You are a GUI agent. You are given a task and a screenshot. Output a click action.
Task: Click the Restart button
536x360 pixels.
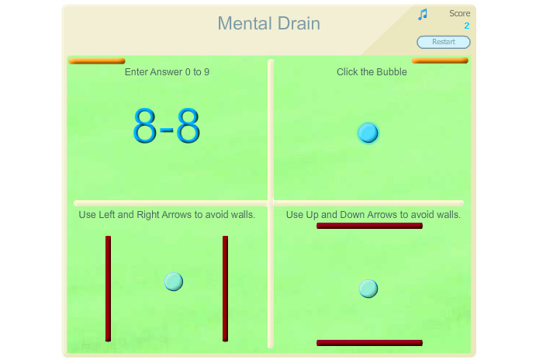pos(444,42)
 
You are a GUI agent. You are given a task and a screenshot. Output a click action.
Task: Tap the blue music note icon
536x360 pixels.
pos(423,15)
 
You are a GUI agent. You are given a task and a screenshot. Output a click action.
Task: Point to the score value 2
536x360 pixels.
pos(467,26)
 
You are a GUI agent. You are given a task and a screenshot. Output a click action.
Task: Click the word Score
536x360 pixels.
pos(459,13)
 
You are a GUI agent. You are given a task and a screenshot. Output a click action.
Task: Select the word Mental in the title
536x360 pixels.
pos(245,23)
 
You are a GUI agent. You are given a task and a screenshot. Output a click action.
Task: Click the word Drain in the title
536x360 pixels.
pos(299,23)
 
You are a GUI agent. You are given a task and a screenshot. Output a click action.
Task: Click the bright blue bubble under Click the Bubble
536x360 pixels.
pos(368,133)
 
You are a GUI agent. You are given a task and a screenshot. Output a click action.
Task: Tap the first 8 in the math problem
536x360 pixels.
pos(144,125)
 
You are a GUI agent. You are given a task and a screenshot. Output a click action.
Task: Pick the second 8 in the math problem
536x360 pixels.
pos(188,125)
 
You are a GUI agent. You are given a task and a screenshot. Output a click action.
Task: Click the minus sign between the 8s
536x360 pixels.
pos(167,130)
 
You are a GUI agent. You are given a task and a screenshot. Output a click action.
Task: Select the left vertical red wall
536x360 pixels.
pos(108,289)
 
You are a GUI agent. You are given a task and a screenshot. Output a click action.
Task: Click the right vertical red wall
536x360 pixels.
pos(225,289)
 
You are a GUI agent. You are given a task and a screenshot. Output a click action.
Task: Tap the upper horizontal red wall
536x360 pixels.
pos(369,226)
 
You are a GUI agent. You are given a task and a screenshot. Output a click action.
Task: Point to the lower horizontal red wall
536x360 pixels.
pos(369,343)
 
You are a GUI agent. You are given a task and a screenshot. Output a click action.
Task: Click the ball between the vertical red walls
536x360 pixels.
pos(174,282)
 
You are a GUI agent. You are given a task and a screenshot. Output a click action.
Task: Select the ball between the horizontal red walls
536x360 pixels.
pos(368,289)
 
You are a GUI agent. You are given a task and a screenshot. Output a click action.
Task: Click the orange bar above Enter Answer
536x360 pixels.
pos(97,61)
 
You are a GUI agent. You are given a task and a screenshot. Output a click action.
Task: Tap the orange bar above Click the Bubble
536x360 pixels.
pos(440,61)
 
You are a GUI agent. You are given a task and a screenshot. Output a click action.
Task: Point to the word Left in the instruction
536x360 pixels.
pos(107,215)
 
